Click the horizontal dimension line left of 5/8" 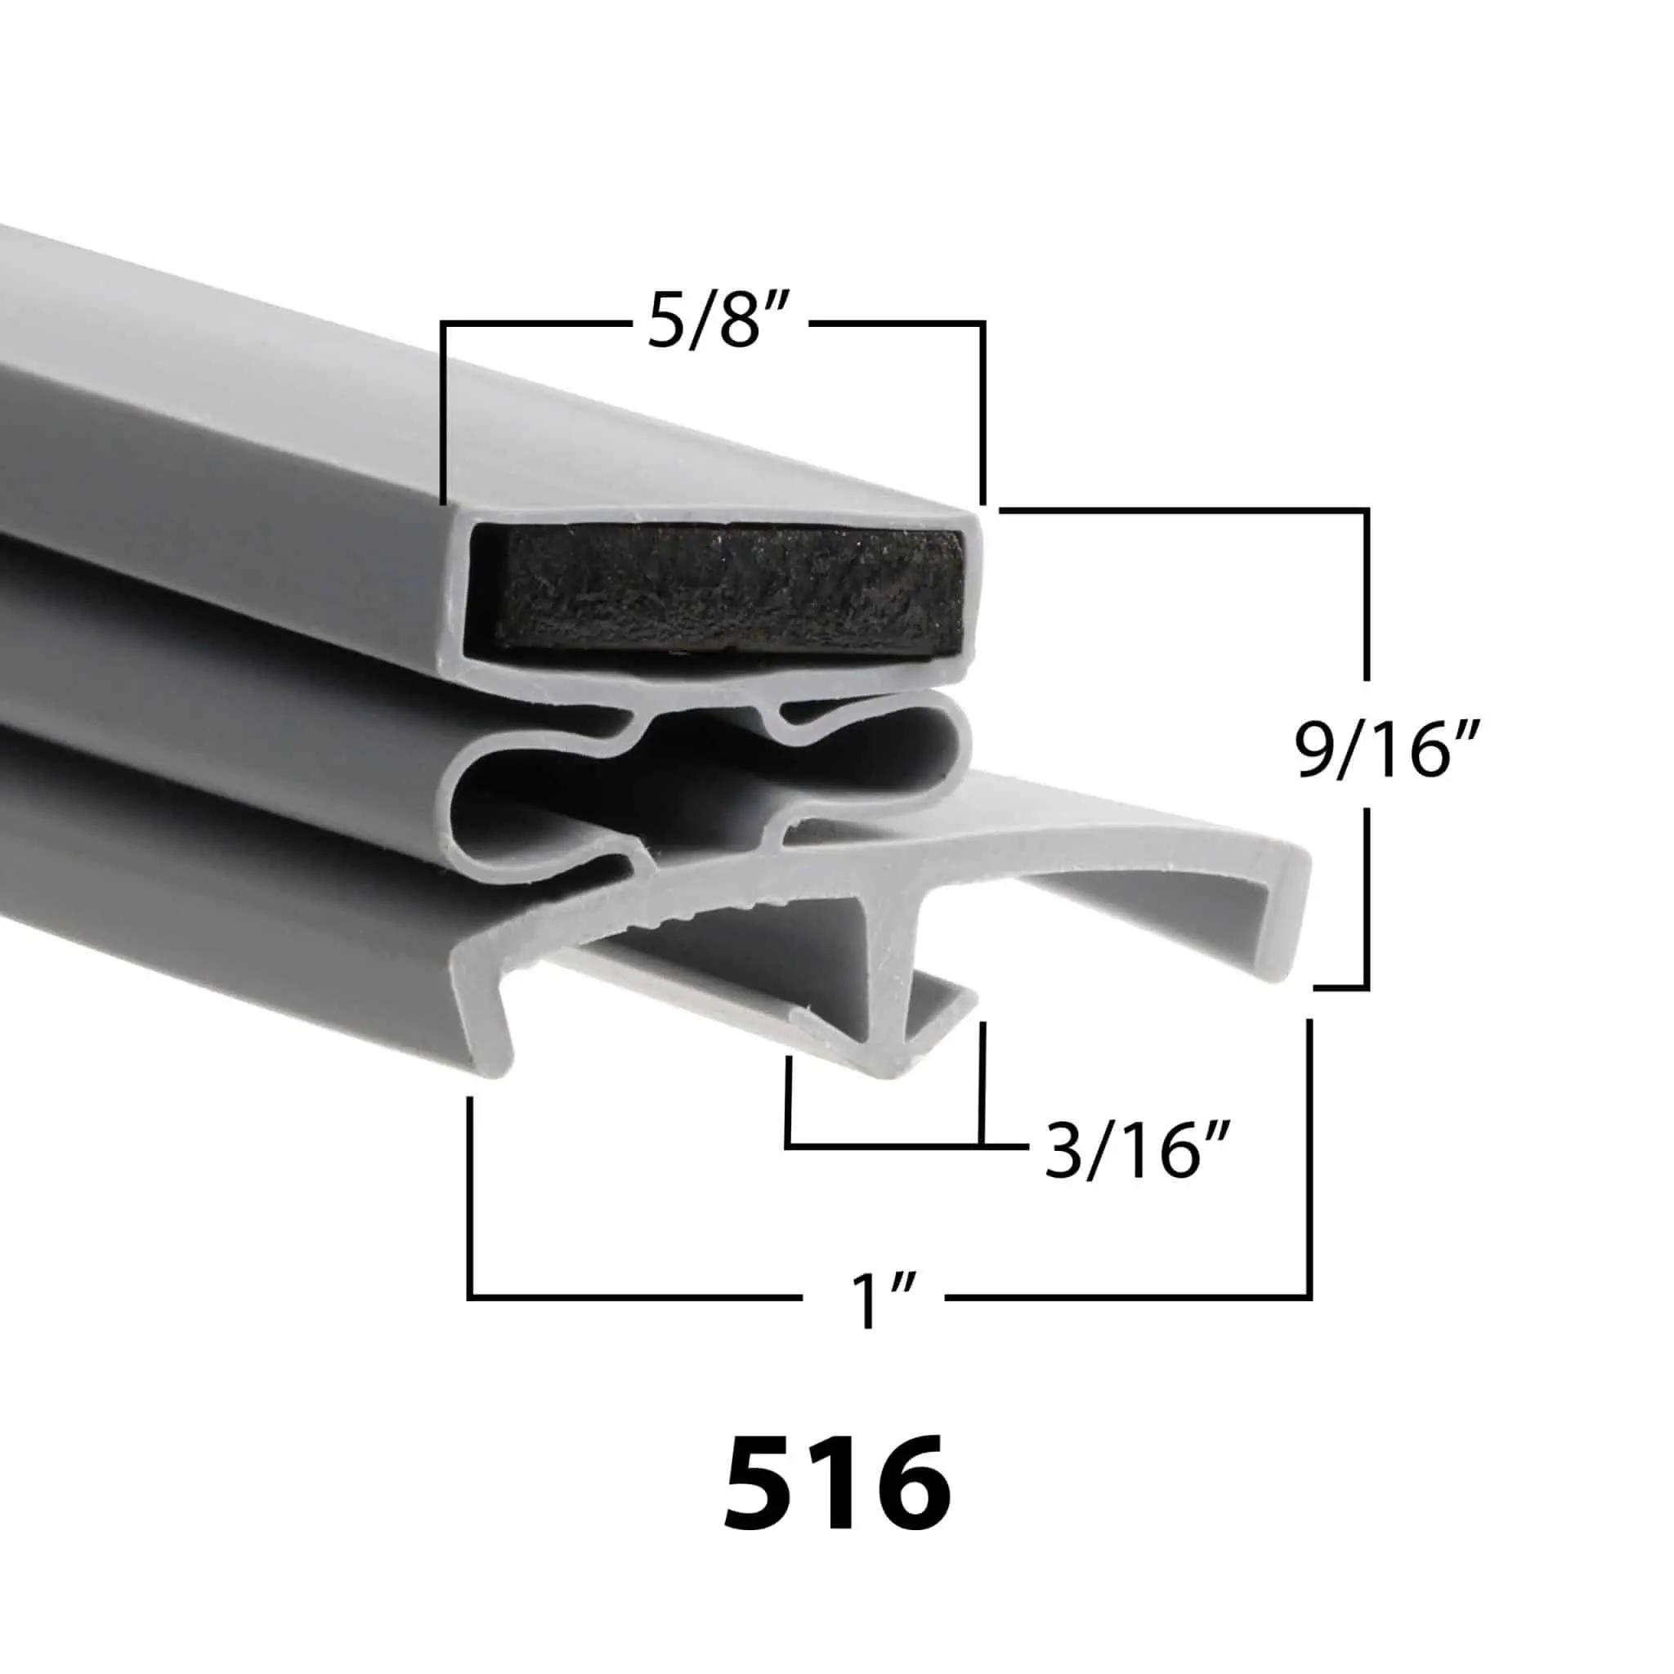tap(534, 323)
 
